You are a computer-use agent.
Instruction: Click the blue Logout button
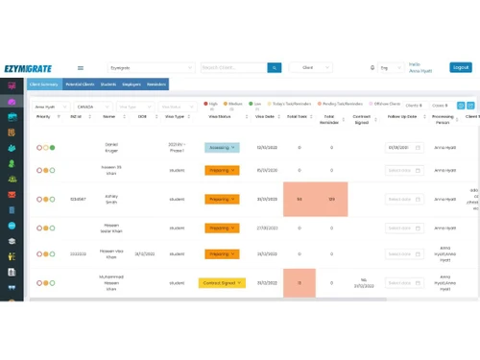[460, 67]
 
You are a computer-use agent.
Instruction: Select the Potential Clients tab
[80, 84]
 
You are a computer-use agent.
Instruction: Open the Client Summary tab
[44, 84]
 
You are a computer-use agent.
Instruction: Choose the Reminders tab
[156, 84]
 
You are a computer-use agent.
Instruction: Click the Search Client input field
[232, 68]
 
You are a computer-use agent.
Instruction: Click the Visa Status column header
[220, 116]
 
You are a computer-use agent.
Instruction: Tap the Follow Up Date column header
[402, 116]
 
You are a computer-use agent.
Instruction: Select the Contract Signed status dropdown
[222, 283]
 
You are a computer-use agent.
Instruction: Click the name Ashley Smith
[109, 200]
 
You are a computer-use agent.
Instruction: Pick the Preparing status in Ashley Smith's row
[221, 200]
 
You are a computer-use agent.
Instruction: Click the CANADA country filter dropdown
[91, 107]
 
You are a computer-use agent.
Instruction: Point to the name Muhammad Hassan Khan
[109, 283]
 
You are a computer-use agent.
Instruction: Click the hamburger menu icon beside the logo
[81, 68]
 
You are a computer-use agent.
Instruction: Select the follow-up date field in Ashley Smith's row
[404, 200]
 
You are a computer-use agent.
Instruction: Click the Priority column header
[44, 116]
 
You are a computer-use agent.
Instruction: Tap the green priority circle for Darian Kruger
[53, 148]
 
